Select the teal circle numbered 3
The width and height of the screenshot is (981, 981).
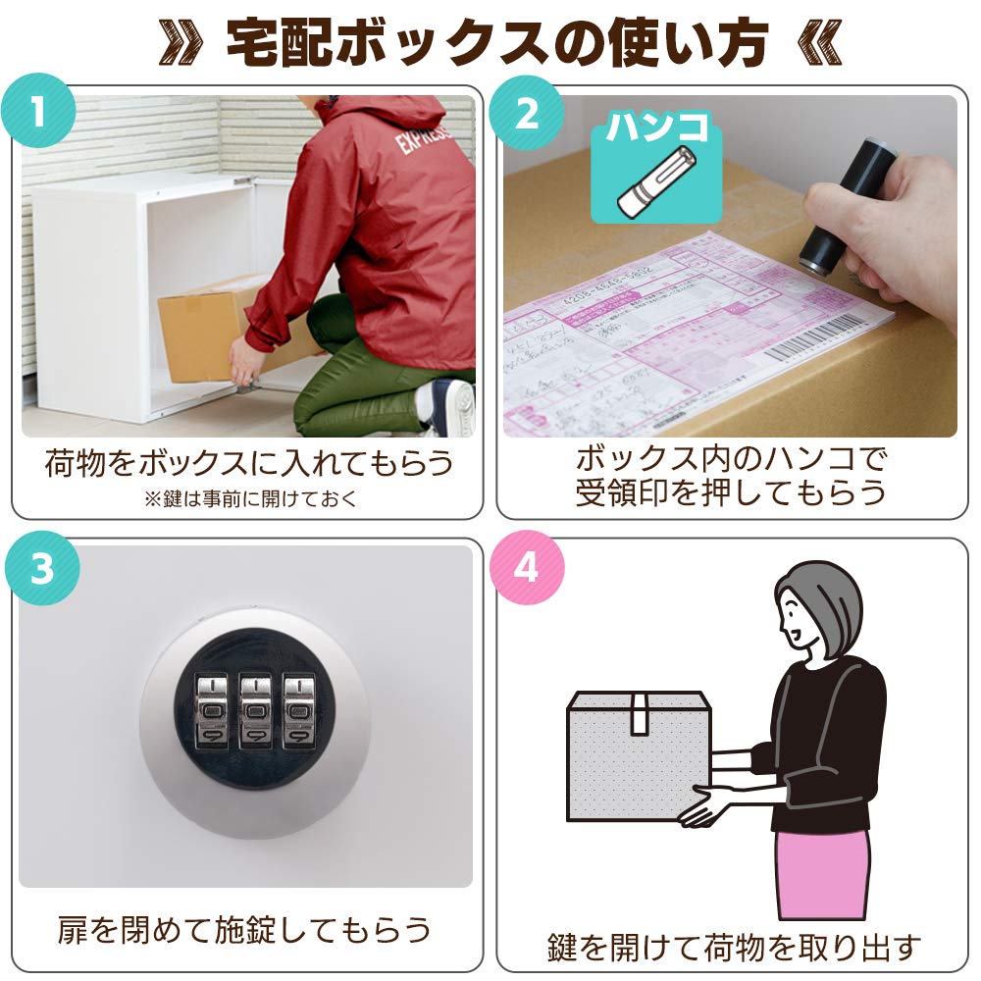(39, 569)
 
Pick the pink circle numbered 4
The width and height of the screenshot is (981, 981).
(527, 569)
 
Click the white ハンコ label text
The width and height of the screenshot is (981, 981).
(655, 129)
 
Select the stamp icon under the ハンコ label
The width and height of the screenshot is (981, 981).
(655, 181)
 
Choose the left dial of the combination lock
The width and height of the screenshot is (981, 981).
(211, 709)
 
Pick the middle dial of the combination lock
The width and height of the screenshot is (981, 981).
(255, 709)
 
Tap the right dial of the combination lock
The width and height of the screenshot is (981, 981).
(298, 709)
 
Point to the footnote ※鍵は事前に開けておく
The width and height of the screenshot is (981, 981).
(251, 498)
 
